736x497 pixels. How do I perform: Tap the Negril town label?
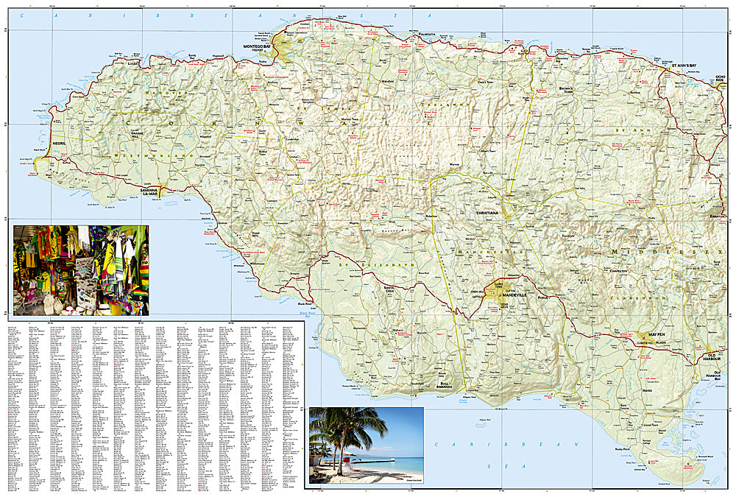[59, 145]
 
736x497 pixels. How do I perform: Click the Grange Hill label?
[135, 135]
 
